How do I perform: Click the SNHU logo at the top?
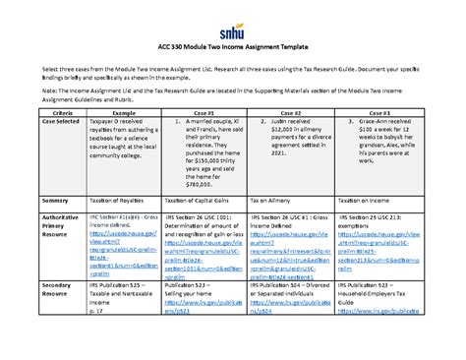point(233,17)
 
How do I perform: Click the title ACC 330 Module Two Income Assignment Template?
point(232,47)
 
